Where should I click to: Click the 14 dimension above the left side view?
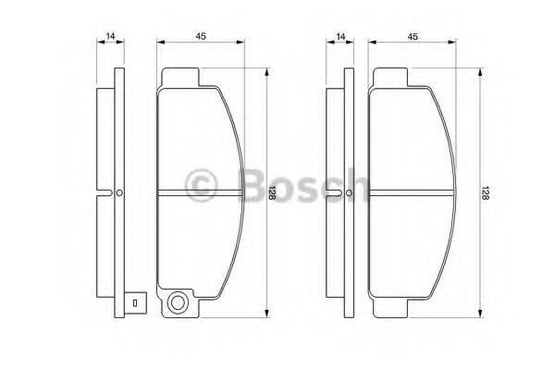pos(110,36)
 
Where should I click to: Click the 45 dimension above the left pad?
pos(200,36)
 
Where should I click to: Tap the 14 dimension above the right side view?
pos(341,36)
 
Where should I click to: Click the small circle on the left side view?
pos(119,193)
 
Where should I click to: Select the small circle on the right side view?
pos(350,193)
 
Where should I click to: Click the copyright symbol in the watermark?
pos(201,184)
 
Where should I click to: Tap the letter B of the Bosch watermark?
pos(241,184)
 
